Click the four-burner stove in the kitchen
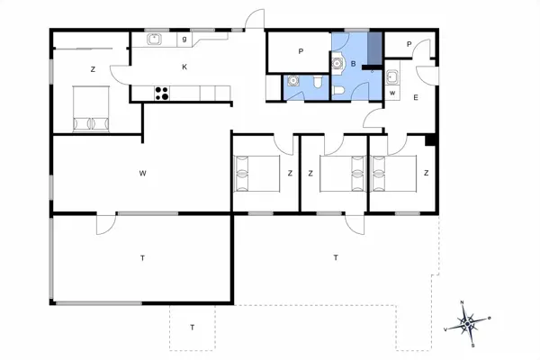point(163,91)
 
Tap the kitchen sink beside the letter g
point(154,39)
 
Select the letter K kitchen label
point(184,67)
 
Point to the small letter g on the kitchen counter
point(184,39)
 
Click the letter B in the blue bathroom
point(354,65)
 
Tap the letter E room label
point(415,97)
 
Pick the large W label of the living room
point(142,172)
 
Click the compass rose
point(468,320)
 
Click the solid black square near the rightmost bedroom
point(430,139)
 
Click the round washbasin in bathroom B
point(337,63)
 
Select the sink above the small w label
point(392,76)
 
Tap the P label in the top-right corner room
point(409,44)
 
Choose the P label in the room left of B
point(301,51)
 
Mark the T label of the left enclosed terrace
point(142,258)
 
